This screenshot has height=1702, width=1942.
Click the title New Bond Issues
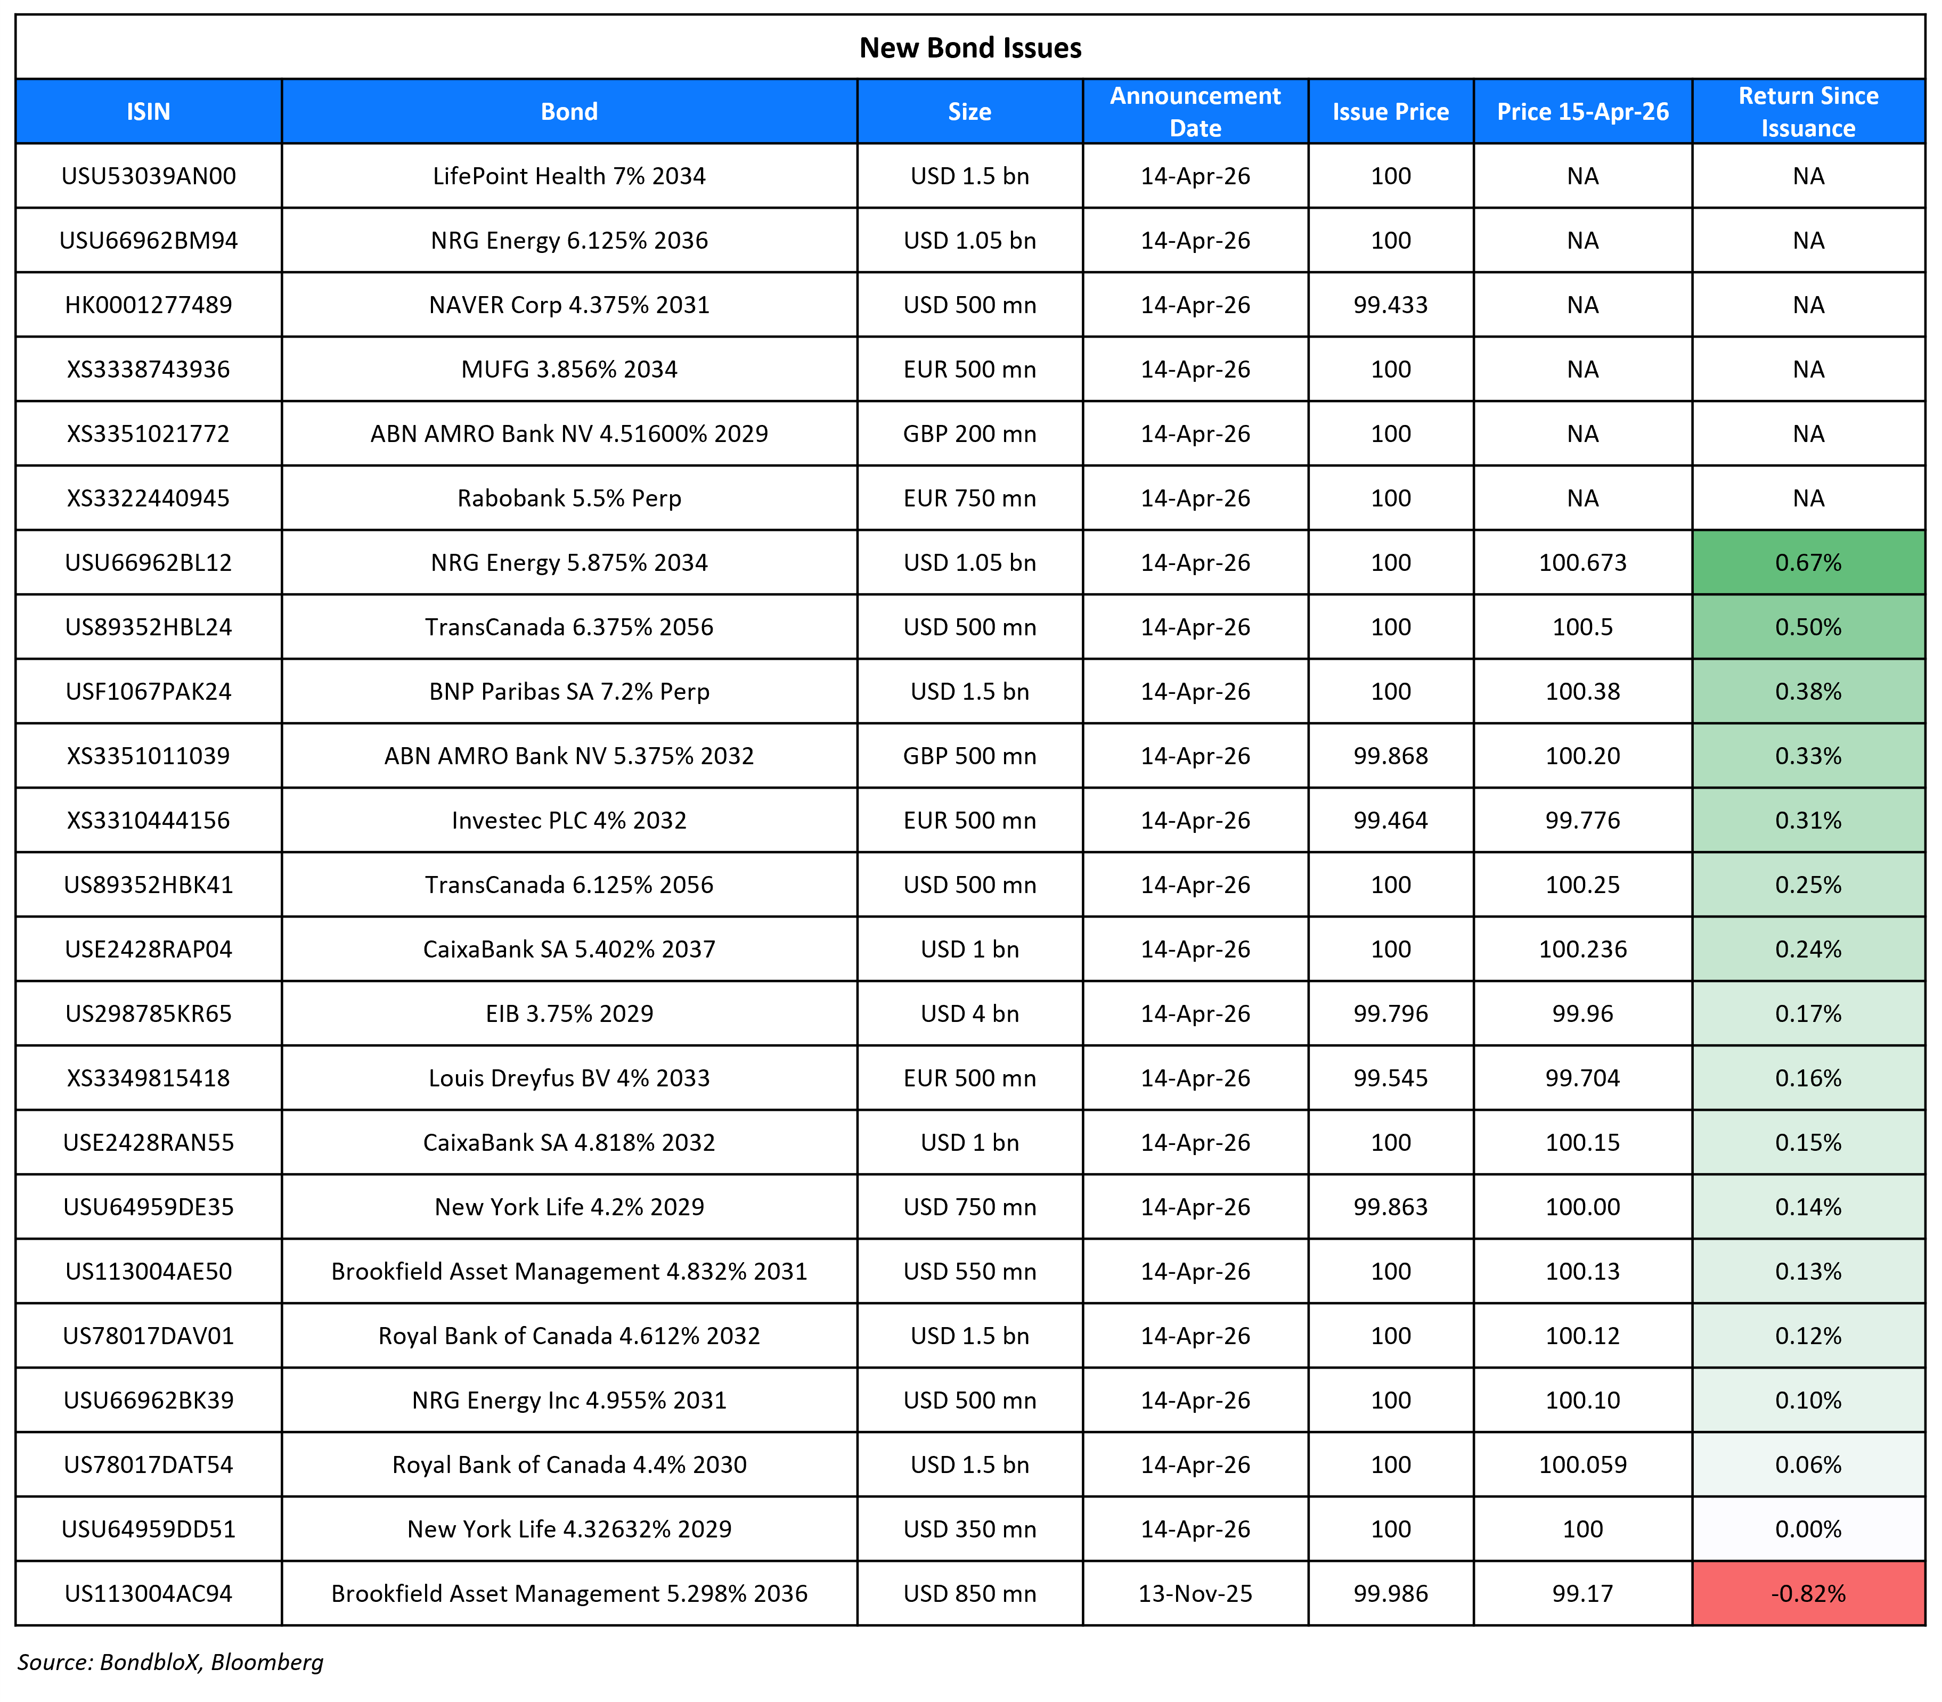click(x=970, y=47)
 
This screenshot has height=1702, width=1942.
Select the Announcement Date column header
click(x=1195, y=112)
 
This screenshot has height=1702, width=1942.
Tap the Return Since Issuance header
click(x=1808, y=112)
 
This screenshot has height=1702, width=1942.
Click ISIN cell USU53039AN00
click(x=148, y=176)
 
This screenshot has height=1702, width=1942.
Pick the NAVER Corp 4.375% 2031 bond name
click(x=569, y=305)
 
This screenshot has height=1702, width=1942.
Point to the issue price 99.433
click(x=1390, y=305)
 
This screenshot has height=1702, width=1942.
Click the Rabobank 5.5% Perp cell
click(x=569, y=498)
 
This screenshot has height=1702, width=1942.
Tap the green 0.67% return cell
click(x=1808, y=563)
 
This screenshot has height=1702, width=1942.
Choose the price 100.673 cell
click(x=1582, y=563)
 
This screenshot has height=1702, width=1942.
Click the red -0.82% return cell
click(x=1808, y=1594)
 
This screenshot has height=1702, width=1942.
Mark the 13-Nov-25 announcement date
click(x=1195, y=1594)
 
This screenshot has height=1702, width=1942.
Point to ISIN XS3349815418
click(x=148, y=1079)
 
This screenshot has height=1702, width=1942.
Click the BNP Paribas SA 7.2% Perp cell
click(x=569, y=692)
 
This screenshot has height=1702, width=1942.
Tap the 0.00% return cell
click(x=1808, y=1529)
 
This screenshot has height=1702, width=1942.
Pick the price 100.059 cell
click(x=1582, y=1464)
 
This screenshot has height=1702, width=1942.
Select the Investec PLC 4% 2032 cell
click(x=569, y=821)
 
